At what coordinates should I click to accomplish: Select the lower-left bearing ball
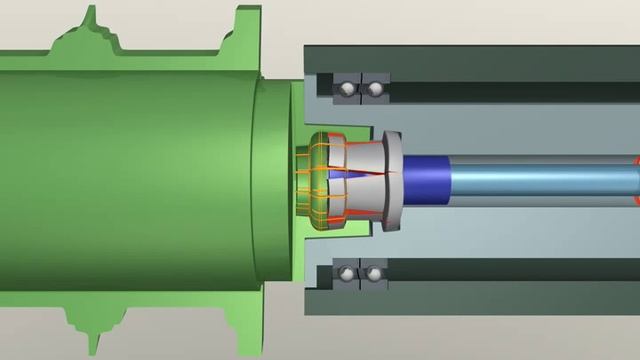(346, 273)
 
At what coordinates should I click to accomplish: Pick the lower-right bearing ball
(374, 273)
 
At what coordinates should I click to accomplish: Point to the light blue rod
(540, 180)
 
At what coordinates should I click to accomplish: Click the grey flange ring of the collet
(394, 180)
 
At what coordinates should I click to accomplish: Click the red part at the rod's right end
(636, 180)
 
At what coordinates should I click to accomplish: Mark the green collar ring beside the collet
(272, 180)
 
